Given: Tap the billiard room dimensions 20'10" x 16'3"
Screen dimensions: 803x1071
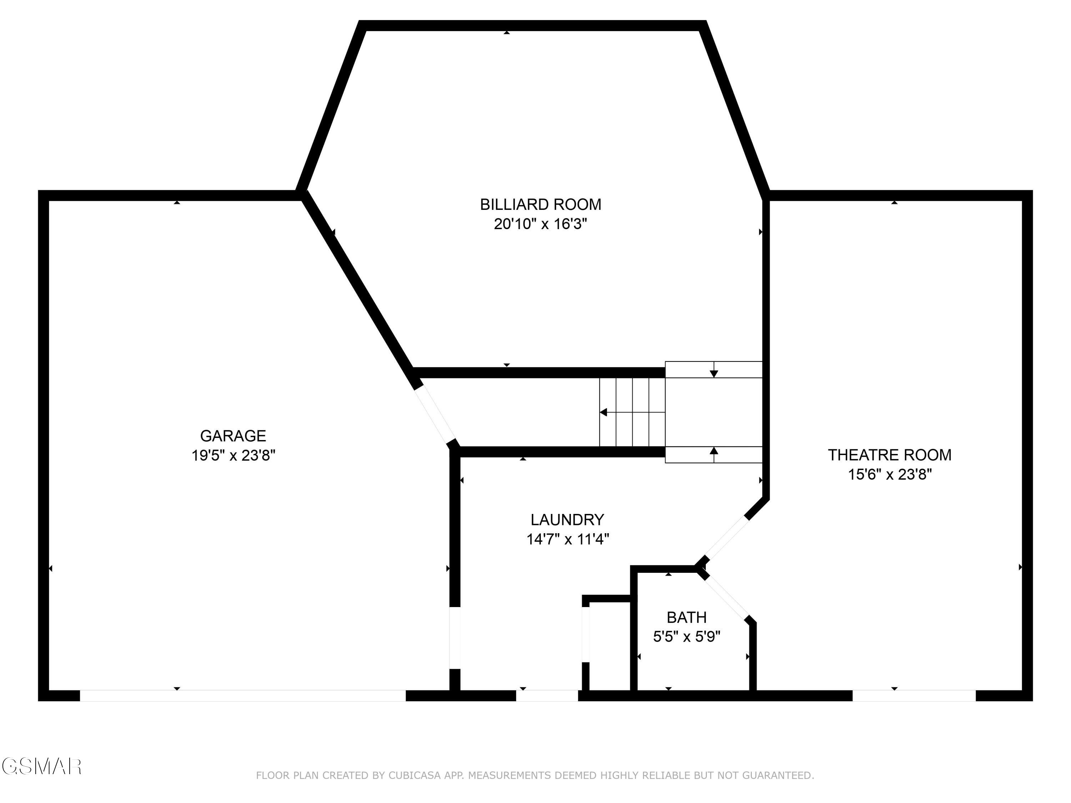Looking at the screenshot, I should tap(540, 224).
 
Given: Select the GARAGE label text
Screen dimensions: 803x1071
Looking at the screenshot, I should tap(233, 436).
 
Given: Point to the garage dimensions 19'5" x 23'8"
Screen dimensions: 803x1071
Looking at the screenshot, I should tap(233, 455).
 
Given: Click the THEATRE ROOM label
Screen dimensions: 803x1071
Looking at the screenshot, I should tap(889, 455).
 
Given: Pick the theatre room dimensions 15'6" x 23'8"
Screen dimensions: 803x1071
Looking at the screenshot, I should tap(889, 474).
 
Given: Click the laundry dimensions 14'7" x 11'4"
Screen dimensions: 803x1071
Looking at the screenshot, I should tap(567, 539).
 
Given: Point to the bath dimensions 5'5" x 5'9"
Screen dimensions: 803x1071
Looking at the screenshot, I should tap(686, 636).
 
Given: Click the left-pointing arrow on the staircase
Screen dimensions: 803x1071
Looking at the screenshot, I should tap(604, 413).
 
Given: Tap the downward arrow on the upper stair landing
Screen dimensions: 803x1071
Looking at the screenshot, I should tap(714, 373).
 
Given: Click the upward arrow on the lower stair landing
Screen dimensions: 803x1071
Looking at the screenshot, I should tap(714, 451).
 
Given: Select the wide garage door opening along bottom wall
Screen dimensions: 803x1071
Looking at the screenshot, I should tap(242, 696).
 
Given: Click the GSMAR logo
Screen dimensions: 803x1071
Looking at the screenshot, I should tap(41, 766).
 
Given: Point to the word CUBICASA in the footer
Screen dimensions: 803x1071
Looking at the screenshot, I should tap(414, 776).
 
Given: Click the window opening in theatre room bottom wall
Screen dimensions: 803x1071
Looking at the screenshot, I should tap(914, 696).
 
